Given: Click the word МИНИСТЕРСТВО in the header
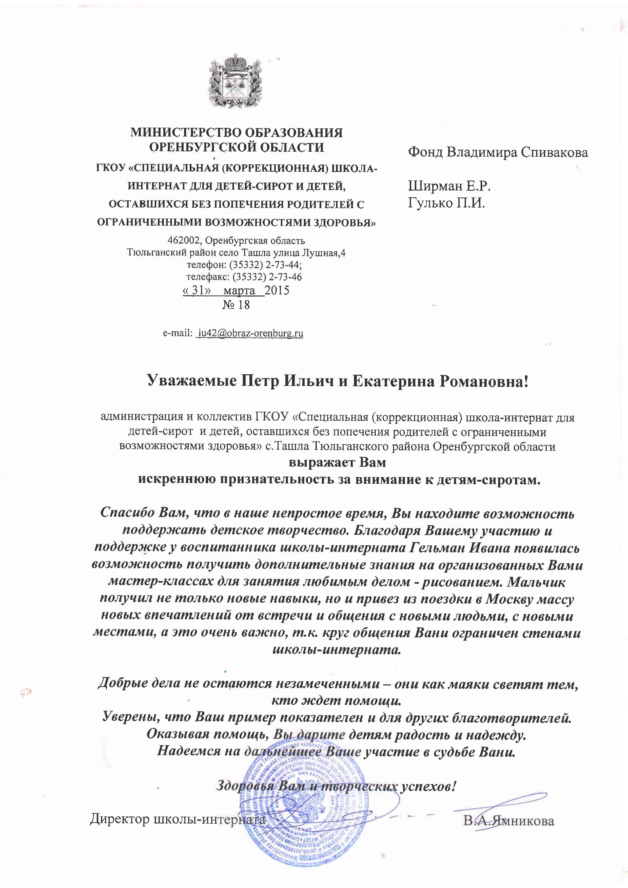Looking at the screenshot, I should (x=183, y=133).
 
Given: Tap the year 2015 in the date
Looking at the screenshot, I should (x=277, y=290).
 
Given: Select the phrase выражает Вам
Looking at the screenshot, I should (x=338, y=463).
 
